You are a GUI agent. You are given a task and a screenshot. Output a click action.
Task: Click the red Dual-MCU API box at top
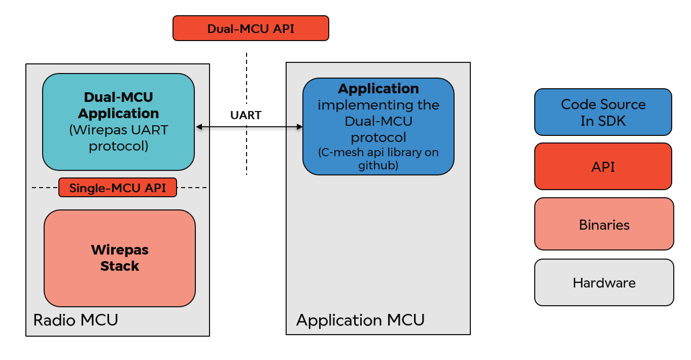(x=251, y=28)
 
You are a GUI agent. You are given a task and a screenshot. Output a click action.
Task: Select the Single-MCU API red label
(x=118, y=188)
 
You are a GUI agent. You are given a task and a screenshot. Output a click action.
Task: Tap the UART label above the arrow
(x=246, y=116)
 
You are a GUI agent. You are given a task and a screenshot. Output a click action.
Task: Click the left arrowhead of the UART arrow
(x=199, y=127)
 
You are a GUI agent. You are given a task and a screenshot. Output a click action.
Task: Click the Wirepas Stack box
(x=120, y=258)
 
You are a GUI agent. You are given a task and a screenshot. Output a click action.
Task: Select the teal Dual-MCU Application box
(x=118, y=122)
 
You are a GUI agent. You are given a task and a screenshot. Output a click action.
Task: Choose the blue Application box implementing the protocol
(x=378, y=126)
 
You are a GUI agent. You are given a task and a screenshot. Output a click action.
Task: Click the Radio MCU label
(x=76, y=320)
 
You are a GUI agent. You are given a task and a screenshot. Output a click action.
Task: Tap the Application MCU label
(x=360, y=320)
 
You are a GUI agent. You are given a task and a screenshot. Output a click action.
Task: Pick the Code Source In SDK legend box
(x=603, y=112)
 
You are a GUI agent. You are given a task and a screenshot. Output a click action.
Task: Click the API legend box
(x=603, y=166)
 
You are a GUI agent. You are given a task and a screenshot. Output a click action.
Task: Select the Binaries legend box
(x=604, y=224)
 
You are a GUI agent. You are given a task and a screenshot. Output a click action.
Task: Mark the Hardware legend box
(x=604, y=282)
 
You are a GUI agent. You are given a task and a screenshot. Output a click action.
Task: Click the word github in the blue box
(x=378, y=165)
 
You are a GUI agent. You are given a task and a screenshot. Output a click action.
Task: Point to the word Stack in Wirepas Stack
(x=120, y=266)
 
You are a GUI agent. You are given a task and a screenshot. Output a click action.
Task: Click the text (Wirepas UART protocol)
(x=118, y=138)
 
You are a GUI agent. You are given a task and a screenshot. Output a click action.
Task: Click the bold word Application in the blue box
(x=378, y=89)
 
